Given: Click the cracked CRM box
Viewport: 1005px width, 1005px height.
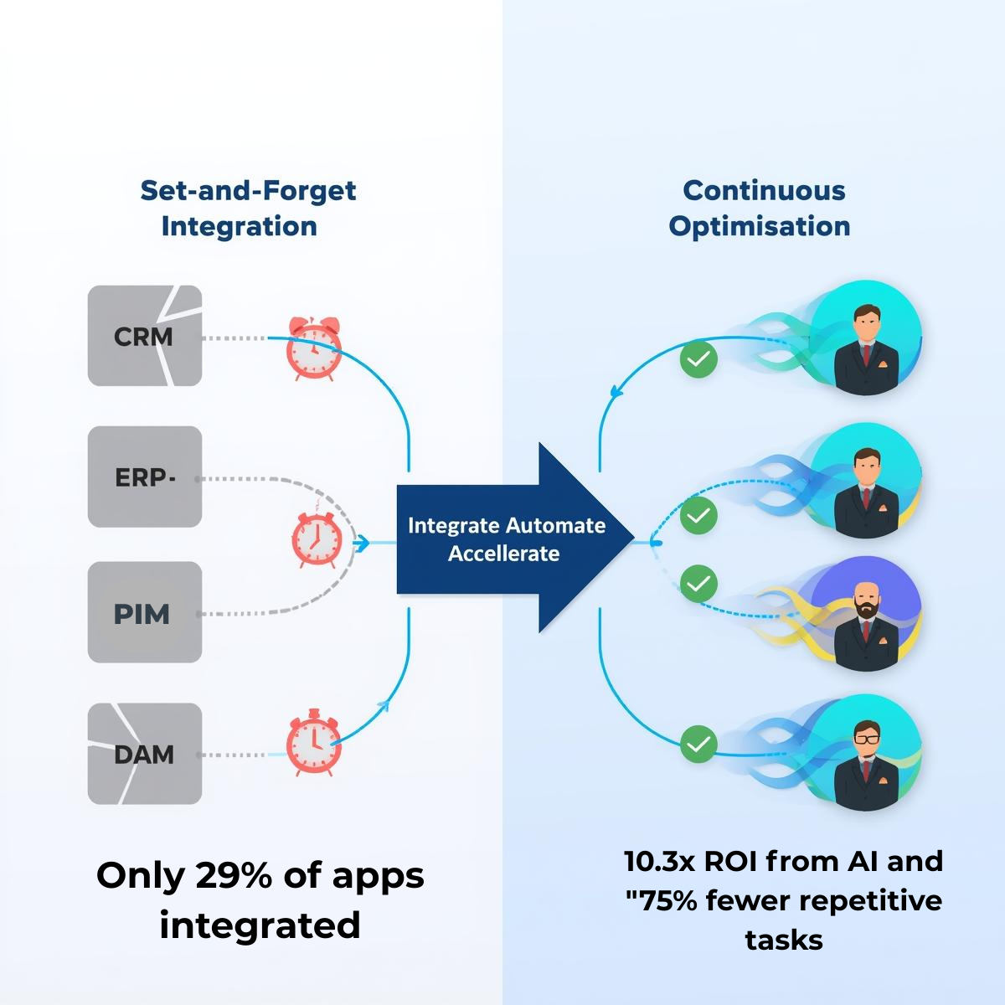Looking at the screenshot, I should [145, 336].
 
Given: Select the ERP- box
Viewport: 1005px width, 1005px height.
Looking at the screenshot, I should [145, 477].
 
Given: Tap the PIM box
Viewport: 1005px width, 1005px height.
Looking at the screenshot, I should [145, 613].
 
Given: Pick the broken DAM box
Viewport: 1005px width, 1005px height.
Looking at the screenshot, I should [145, 754].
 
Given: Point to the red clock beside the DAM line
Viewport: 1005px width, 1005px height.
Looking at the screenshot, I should [313, 743].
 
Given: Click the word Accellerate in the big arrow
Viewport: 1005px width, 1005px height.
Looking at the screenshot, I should [503, 554].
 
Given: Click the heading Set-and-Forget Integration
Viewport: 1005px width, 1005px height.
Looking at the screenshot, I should [247, 208].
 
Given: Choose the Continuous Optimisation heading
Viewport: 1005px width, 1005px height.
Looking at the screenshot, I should [760, 208].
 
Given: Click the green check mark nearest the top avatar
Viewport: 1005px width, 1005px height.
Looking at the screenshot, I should [698, 360].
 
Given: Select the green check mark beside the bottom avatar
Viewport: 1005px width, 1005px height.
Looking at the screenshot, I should [698, 743].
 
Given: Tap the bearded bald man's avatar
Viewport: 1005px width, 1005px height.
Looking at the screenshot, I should [865, 616].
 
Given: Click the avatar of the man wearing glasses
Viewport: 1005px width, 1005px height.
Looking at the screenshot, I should [867, 758].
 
